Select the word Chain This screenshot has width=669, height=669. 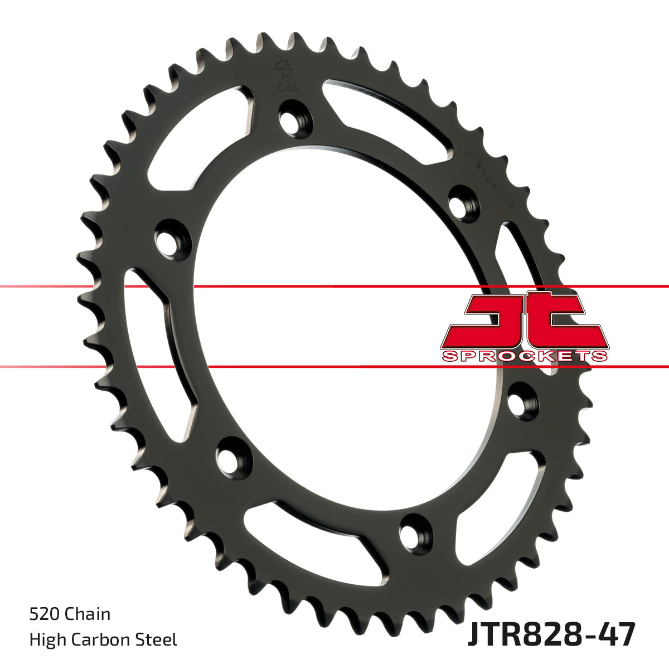pyautogui.click(x=88, y=614)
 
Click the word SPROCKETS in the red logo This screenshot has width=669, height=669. pyautogui.click(x=524, y=356)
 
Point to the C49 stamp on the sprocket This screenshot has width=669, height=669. pyautogui.click(x=287, y=87)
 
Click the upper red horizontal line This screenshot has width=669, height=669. pyautogui.click(x=334, y=287)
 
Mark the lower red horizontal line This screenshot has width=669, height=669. pyautogui.click(x=334, y=367)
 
